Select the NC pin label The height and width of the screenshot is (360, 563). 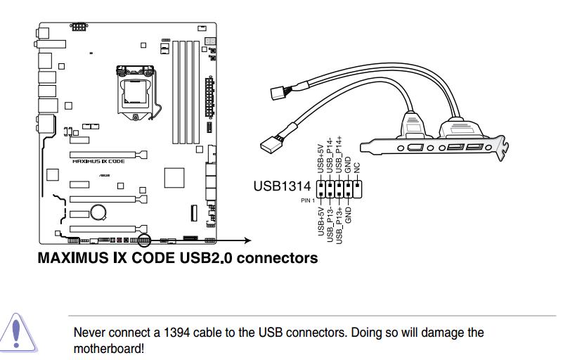(x=357, y=168)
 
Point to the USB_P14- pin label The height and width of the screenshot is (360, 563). (x=330, y=156)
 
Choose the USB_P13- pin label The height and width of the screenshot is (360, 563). (x=330, y=224)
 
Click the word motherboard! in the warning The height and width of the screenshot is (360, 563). (x=109, y=347)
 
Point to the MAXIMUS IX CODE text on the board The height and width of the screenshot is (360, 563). (x=98, y=161)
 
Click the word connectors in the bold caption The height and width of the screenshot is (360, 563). (x=277, y=258)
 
